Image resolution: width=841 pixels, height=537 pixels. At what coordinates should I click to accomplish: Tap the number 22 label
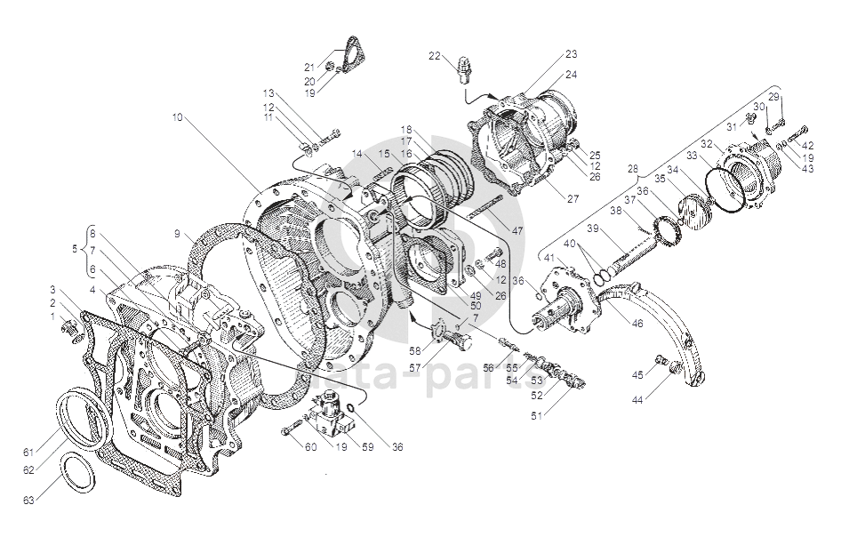(x=434, y=56)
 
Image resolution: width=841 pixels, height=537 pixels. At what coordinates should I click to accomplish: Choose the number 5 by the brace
(x=75, y=250)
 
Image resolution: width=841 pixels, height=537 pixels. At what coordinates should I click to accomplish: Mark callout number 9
(x=177, y=234)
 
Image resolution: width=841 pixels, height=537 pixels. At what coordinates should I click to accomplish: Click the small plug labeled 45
(x=661, y=359)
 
